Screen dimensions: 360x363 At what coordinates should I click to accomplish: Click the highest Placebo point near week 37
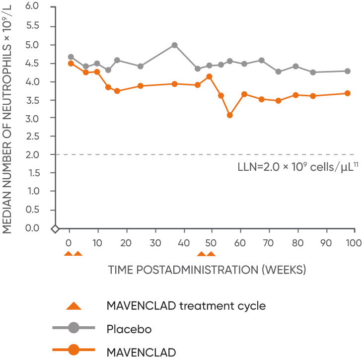[x=174, y=45]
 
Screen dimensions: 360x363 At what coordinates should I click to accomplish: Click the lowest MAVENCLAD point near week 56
[x=230, y=115]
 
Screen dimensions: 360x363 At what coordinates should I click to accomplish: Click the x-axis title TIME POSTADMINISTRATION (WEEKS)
[x=207, y=270]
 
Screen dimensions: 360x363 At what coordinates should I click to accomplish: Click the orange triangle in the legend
[x=73, y=305]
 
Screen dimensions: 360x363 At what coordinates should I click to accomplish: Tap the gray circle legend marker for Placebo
[x=73, y=329]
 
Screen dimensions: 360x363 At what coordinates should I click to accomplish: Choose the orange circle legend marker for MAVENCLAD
[x=73, y=352]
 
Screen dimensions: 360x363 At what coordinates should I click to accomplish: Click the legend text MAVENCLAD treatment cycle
[x=186, y=305]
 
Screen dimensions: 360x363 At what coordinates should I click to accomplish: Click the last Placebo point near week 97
[x=348, y=71]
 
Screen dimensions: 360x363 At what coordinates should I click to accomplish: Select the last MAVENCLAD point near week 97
[x=348, y=93]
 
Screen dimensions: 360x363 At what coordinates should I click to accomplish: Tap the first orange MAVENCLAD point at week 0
[x=71, y=64]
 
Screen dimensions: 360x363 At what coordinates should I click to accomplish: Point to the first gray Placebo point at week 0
[x=71, y=57]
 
